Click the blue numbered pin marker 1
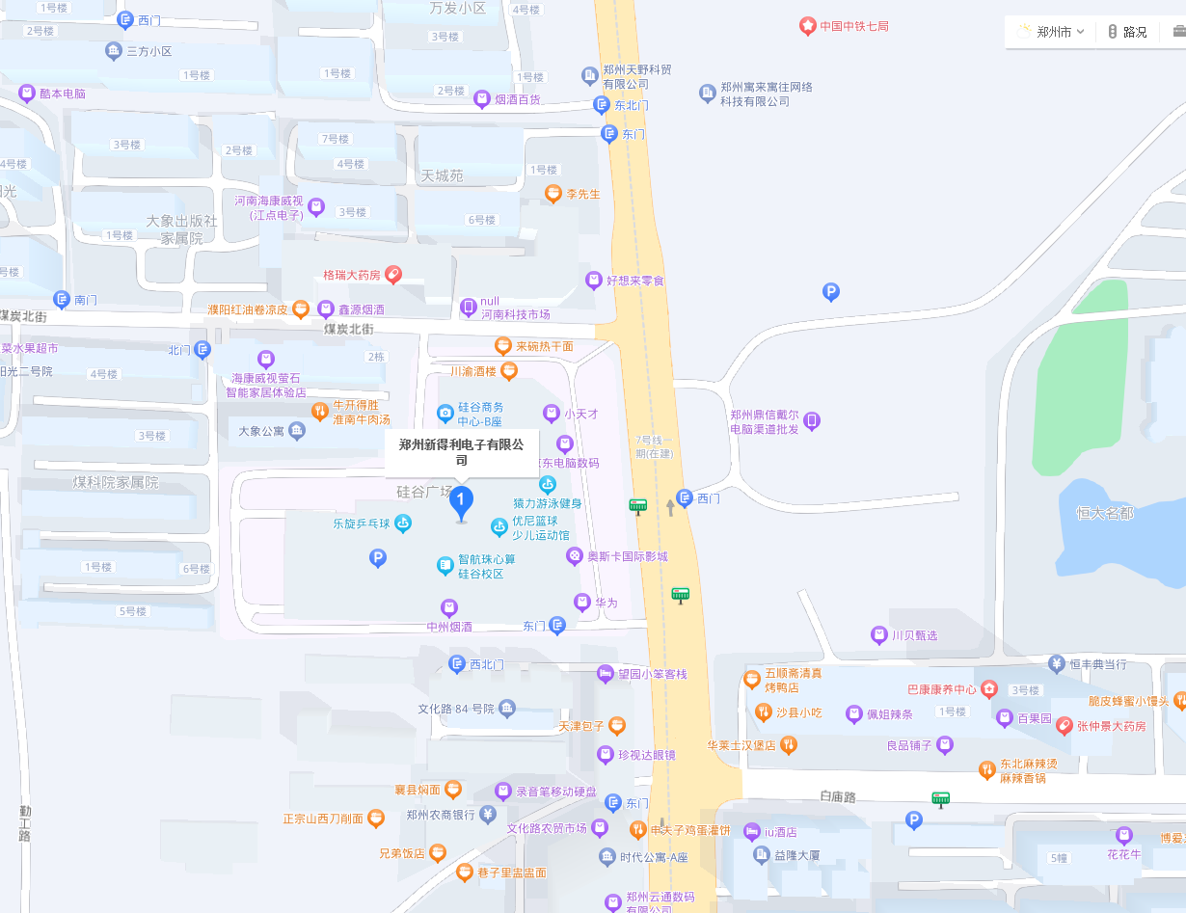click(462, 500)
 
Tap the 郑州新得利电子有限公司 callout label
click(462, 452)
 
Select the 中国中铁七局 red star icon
click(807, 26)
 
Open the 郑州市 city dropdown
click(1051, 32)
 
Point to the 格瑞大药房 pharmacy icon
click(393, 275)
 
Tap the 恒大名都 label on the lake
click(1105, 513)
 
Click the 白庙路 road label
click(838, 796)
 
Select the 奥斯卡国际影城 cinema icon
click(575, 556)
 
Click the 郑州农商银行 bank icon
click(488, 815)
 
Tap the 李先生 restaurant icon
click(553, 194)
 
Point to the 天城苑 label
click(442, 175)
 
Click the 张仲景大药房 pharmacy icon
click(1065, 725)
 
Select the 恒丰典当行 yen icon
click(1057, 663)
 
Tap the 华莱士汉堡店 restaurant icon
click(789, 744)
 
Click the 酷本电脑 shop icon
click(27, 94)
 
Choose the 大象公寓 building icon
click(297, 431)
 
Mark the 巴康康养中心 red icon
click(989, 689)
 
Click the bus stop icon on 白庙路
click(940, 798)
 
